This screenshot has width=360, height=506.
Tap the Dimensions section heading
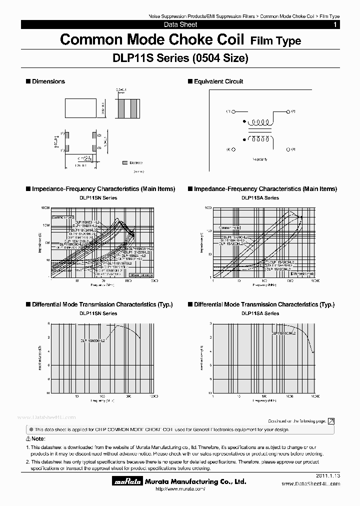coord(48,81)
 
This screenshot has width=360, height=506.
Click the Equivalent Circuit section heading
coord(218,81)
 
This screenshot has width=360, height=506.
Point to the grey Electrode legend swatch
coord(124,162)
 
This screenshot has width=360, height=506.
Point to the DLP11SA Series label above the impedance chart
coord(260,198)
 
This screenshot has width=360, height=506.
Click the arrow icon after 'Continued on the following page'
coord(331,421)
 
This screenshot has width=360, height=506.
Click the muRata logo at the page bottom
coord(122,482)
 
